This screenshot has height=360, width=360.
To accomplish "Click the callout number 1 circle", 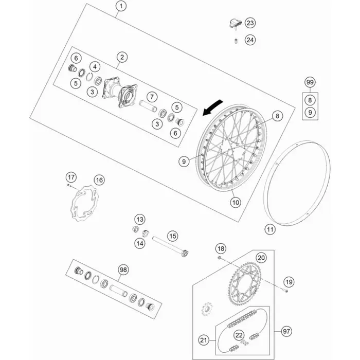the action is (x=121, y=6).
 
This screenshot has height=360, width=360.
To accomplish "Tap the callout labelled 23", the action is (x=250, y=23).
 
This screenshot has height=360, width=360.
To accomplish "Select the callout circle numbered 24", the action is (x=250, y=40).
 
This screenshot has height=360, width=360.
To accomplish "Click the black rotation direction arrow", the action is (x=212, y=107).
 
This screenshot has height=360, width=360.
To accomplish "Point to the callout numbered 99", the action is (x=310, y=82).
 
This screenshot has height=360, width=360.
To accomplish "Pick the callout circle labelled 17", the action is (x=71, y=177).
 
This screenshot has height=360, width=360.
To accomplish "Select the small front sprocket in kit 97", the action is (x=207, y=309).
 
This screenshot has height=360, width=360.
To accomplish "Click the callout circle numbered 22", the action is (x=239, y=335).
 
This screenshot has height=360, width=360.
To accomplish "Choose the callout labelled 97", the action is (x=286, y=331).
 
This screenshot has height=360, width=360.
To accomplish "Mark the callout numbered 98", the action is (x=123, y=269).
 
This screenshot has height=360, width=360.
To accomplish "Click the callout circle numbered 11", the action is (x=270, y=229).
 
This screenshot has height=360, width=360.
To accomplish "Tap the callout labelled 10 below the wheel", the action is (x=236, y=203).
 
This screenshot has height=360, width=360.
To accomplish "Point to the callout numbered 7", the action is (x=152, y=97).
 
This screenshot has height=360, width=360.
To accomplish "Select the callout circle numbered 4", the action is (x=95, y=67).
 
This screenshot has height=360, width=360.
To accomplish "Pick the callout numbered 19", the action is (x=289, y=282).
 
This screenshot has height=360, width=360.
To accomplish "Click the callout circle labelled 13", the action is (x=140, y=220).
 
